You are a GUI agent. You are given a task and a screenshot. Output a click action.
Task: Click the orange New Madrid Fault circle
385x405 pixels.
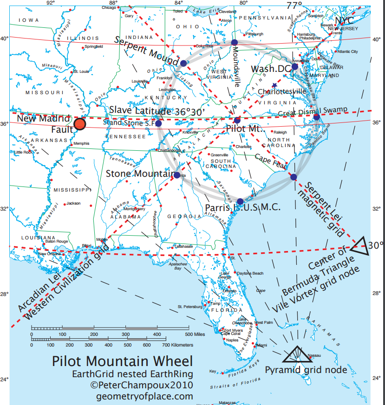click(80, 124)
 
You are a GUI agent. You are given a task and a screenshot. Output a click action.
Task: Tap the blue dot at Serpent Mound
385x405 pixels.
click(183, 63)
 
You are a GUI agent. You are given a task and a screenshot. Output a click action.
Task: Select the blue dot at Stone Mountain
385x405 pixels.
click(177, 175)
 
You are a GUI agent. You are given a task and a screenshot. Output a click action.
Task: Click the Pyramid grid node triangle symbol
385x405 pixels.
click(298, 355)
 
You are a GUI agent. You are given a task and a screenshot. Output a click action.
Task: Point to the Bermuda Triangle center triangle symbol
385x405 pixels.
click(360, 245)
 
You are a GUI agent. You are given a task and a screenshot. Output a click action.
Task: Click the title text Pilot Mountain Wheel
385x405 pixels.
click(122, 361)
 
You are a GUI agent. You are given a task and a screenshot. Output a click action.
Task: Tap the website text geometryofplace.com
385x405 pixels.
click(144, 396)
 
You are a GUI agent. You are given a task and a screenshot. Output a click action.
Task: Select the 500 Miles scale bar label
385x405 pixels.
click(195, 334)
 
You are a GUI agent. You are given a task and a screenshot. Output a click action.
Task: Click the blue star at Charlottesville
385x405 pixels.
click(274, 85)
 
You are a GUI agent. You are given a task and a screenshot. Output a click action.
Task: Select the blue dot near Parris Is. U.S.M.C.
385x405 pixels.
click(240, 201)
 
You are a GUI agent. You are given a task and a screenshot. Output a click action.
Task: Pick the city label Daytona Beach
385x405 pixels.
click(251, 273)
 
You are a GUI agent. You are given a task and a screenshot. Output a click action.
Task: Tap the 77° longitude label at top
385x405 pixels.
click(294, 6)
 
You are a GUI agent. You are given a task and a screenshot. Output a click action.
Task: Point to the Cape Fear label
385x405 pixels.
click(270, 158)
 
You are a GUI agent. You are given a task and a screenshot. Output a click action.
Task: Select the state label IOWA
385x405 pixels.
click(29, 20)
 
